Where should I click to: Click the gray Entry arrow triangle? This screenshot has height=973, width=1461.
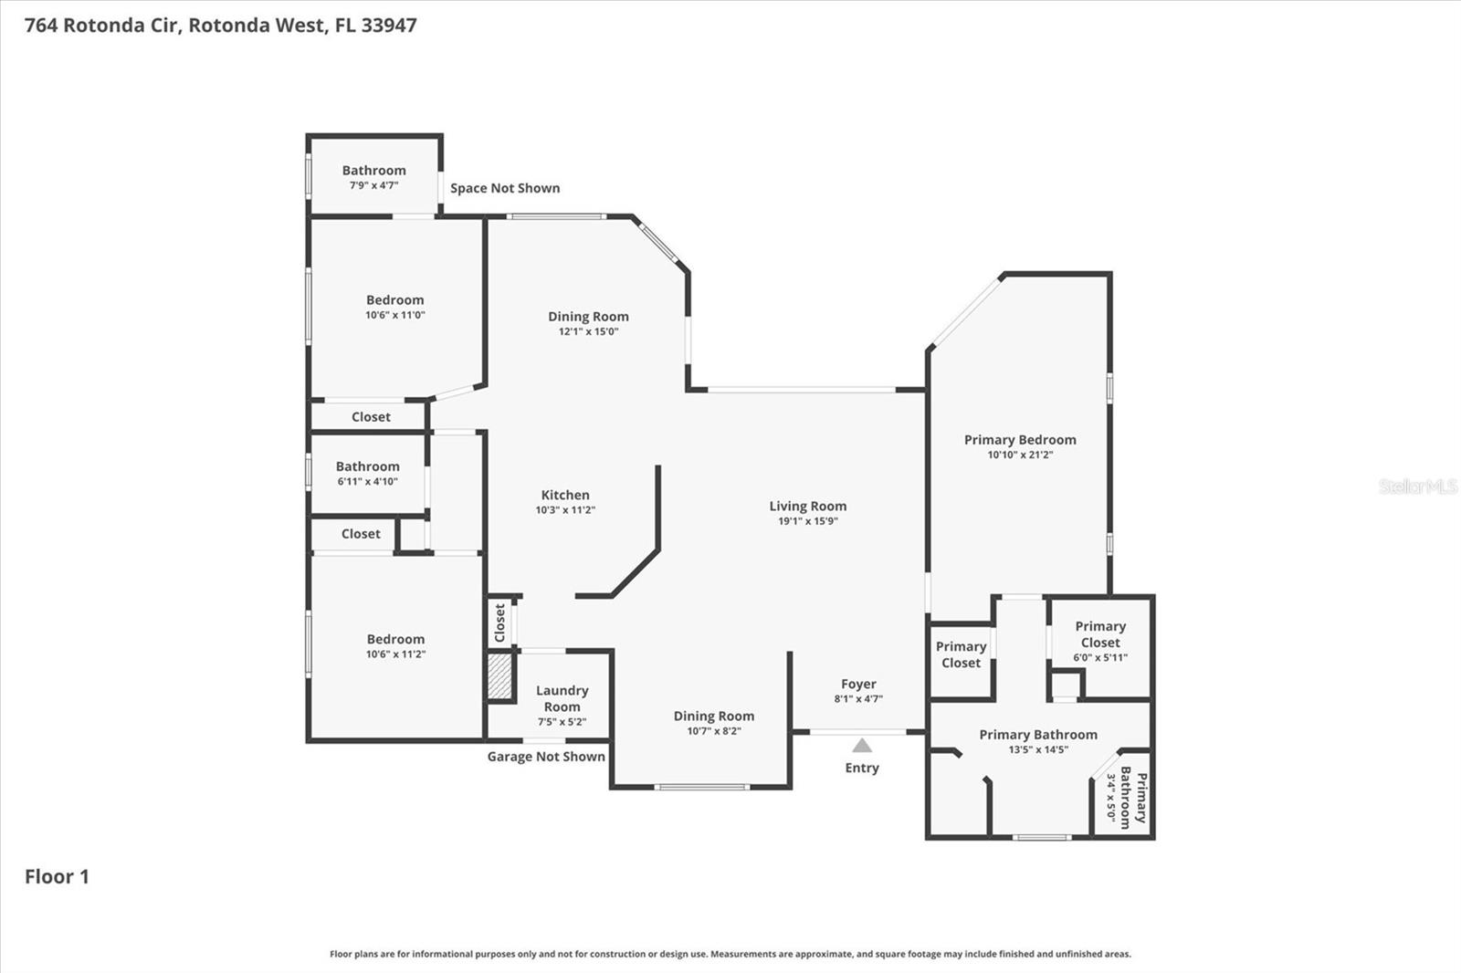(862, 746)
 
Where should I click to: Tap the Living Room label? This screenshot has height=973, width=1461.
(807, 506)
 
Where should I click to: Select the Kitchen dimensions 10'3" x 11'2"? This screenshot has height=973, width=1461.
(565, 510)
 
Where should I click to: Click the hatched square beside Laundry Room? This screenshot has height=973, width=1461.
(499, 676)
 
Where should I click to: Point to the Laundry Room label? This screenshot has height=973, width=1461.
(562, 698)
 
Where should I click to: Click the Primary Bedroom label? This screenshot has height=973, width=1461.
(1020, 440)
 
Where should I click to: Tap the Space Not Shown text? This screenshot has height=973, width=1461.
(505, 188)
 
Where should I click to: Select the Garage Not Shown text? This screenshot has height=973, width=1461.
(546, 757)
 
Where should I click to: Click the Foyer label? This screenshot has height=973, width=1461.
(858, 684)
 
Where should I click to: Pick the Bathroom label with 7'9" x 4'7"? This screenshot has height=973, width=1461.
(373, 171)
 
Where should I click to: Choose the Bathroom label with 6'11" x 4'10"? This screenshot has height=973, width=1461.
(367, 466)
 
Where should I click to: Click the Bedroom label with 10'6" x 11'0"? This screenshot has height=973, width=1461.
(394, 300)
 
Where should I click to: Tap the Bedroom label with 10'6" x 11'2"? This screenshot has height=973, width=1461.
(395, 639)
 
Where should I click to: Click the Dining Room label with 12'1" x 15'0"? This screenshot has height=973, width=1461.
(588, 317)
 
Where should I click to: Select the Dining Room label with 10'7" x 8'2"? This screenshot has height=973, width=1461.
(713, 717)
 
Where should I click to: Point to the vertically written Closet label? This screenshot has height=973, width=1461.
(499, 622)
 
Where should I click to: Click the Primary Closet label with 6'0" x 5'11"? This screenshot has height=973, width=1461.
(1100, 634)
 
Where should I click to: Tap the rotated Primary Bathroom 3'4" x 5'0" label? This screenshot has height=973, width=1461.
(1132, 797)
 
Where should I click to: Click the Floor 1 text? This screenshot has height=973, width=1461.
(57, 876)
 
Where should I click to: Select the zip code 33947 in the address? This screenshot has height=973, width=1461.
(389, 25)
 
